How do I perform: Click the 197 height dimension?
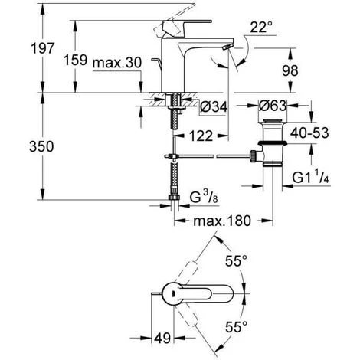(x=43, y=48)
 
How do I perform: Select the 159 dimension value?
(x=75, y=60)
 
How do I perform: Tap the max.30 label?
(x=117, y=63)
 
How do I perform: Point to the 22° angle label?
(x=261, y=27)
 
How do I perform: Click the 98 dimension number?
(x=290, y=70)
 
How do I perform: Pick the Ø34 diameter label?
(x=214, y=106)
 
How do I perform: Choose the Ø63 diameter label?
(x=273, y=106)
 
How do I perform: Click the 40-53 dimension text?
(x=309, y=133)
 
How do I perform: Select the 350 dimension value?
(x=41, y=146)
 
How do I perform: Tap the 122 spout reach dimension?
(x=201, y=136)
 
